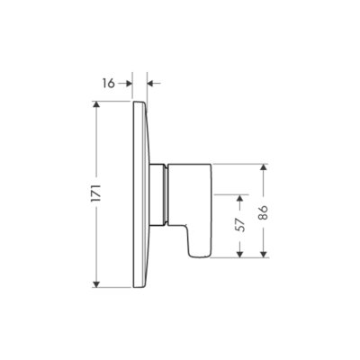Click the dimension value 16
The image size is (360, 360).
point(109,83)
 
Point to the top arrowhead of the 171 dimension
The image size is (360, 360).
point(96,106)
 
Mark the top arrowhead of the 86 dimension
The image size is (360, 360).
point(263,167)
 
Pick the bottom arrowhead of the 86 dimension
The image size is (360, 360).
point(263,253)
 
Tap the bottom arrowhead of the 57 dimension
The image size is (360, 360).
point(239,253)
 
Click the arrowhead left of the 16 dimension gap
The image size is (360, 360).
point(129,83)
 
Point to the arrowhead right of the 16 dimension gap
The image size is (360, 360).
point(151,83)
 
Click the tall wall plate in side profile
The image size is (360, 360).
point(139,194)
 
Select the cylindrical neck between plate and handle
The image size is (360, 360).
point(160,194)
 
